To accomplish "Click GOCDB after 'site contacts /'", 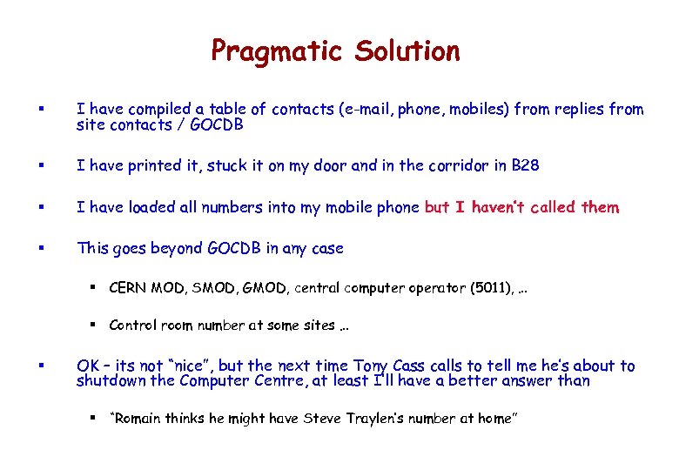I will coord(216,124).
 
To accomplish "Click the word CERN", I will coord(128,287).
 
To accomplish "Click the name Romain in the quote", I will coord(137,419).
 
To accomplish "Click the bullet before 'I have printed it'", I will coord(43,165).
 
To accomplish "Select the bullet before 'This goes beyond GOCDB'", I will coord(43,249).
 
